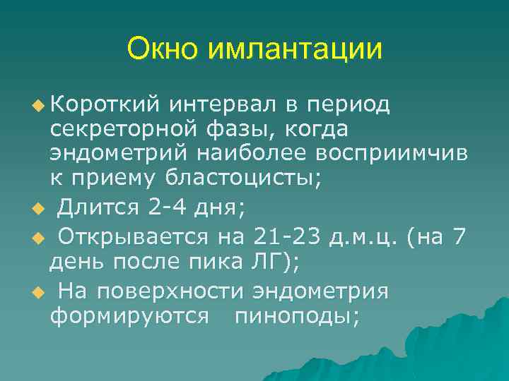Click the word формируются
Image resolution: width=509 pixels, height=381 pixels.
point(129,316)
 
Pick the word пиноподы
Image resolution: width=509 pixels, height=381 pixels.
point(297,316)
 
